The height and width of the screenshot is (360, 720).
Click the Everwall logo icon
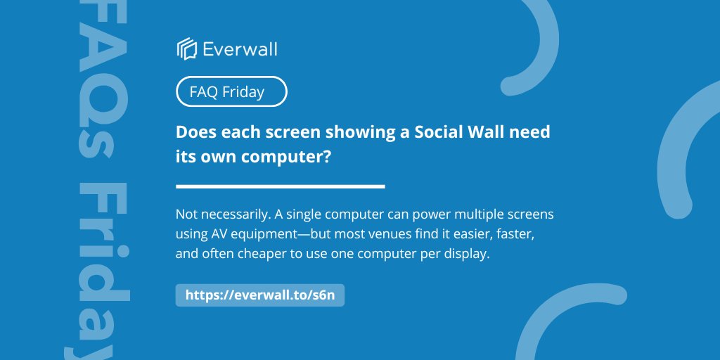pos(186,49)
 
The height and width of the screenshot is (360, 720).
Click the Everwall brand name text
pos(240,49)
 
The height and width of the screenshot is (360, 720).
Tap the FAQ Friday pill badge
pos(231,91)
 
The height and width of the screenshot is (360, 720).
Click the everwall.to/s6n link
pos(259,295)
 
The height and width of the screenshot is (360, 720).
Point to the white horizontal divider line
pos(280,186)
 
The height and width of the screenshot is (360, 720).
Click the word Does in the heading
pos(194,132)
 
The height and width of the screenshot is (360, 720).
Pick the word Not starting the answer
pos(186,213)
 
